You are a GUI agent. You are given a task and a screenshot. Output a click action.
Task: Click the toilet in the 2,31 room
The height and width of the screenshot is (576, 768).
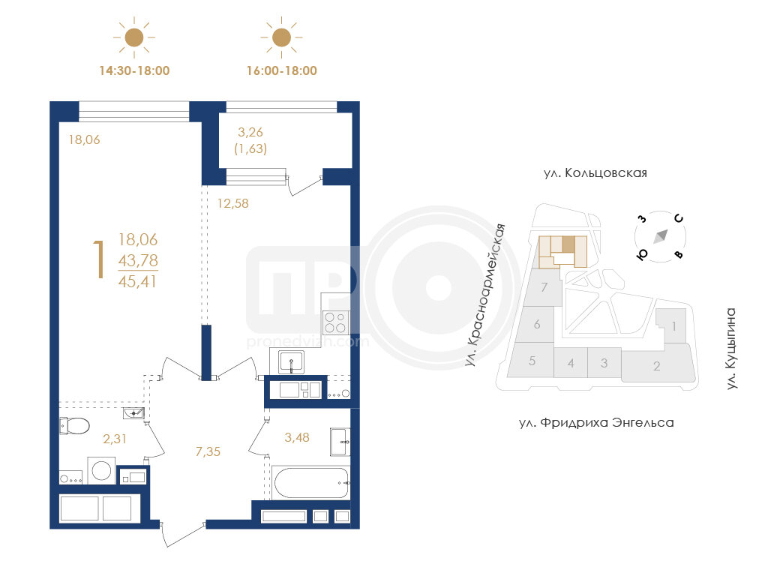(74, 426)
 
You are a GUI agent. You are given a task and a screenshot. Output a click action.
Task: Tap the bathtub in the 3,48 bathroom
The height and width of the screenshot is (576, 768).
(311, 482)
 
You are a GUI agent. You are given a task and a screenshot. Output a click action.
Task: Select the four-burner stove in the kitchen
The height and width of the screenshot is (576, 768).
(335, 322)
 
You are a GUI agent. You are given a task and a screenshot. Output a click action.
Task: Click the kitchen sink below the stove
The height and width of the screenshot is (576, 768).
(292, 362)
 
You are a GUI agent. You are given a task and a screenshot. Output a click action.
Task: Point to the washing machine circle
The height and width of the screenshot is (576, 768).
(101, 471)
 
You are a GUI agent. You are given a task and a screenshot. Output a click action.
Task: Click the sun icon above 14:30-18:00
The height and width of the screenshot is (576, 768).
(134, 37)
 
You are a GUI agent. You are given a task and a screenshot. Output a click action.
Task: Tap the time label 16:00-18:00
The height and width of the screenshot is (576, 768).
(282, 71)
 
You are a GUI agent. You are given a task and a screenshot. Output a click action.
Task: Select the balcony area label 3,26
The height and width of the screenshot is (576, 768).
(250, 132)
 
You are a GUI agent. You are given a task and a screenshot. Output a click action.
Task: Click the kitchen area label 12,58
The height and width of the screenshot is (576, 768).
(233, 203)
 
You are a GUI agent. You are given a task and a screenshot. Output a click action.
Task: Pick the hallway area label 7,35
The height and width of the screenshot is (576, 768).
(208, 451)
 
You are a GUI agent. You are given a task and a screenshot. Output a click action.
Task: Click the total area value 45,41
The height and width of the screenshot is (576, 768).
(138, 282)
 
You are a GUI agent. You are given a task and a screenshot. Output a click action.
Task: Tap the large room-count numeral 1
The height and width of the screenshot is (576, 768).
(100, 259)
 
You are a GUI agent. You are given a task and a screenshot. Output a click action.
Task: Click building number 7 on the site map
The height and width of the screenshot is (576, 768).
(544, 287)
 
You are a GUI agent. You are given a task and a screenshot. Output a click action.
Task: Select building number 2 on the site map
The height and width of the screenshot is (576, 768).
(657, 366)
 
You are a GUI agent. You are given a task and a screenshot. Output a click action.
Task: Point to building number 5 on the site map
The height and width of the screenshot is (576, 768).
(532, 361)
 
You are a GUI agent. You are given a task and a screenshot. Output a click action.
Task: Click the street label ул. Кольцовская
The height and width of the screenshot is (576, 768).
(595, 173)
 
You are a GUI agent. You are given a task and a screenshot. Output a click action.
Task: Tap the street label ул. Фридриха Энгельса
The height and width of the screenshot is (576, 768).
(596, 423)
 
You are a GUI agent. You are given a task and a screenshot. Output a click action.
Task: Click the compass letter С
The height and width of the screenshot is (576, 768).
(678, 218)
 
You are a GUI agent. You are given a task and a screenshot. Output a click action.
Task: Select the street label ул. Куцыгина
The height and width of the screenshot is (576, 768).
(731, 349)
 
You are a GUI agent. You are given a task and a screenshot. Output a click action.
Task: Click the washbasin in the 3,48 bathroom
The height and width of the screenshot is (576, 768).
(340, 442)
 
